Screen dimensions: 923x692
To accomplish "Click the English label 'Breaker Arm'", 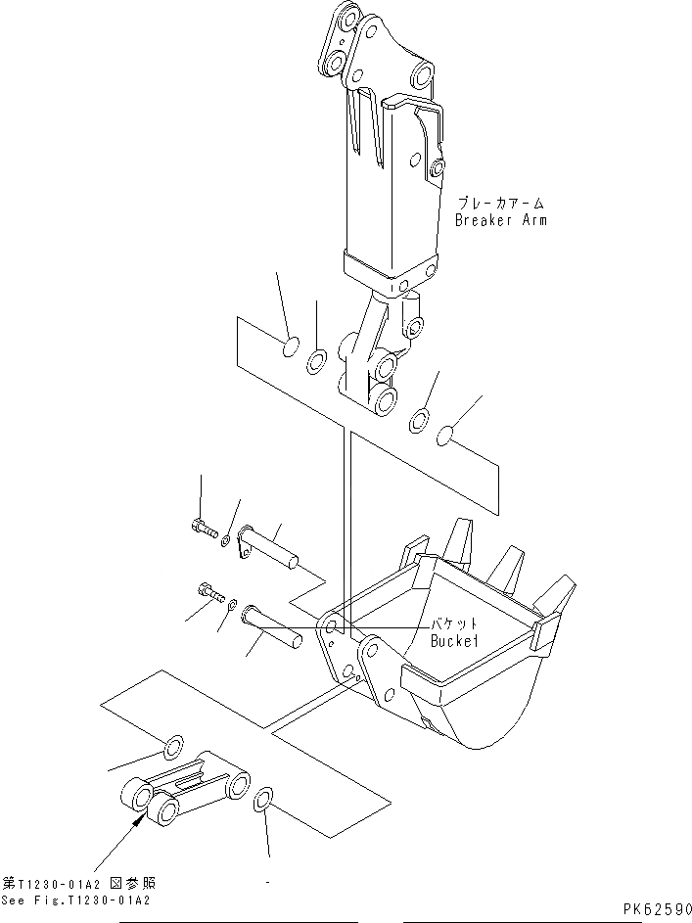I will click(500, 220).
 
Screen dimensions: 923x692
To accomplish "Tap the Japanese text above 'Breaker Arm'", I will click(500, 204).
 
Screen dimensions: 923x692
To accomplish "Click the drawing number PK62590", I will click(655, 910).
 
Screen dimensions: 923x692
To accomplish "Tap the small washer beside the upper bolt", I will click(226, 538).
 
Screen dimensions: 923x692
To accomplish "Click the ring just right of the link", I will click(263, 802).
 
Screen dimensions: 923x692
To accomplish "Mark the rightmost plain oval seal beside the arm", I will click(445, 434).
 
